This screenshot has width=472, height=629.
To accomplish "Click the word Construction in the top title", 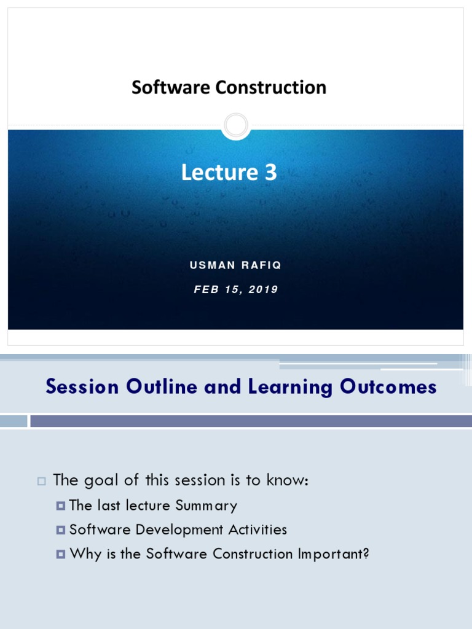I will point(270,88).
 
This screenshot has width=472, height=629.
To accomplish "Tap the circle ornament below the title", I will point(235,126).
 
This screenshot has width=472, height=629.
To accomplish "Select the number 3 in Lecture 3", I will point(270,173).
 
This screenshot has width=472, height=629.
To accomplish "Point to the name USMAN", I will point(213,265).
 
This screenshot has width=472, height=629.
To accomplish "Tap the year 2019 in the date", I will point(263,289).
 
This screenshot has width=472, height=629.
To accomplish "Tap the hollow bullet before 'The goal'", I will point(42,481).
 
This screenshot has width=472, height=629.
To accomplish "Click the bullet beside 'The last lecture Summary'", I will point(60,506).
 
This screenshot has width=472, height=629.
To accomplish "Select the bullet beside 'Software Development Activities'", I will point(60,530).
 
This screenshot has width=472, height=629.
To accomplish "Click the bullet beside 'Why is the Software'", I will point(60,554).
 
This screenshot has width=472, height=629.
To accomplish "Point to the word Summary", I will point(206,506).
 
